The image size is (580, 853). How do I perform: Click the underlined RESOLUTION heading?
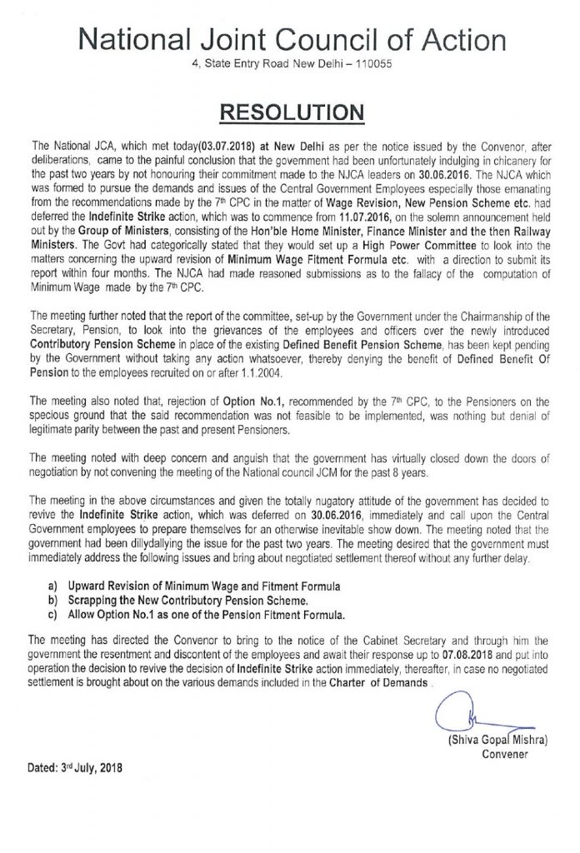click(x=290, y=110)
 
